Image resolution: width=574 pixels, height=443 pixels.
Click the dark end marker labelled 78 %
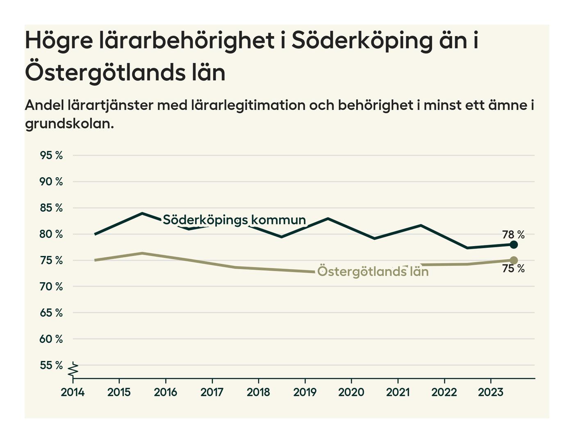[513, 245]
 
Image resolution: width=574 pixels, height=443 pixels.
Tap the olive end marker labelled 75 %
[513, 260]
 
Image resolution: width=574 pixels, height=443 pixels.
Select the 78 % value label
[513, 235]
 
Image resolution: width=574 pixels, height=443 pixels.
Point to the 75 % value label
[513, 269]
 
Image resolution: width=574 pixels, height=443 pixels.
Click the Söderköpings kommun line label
[234, 220]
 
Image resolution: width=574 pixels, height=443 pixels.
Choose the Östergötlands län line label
[373, 272]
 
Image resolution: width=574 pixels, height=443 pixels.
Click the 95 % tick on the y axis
[51, 155]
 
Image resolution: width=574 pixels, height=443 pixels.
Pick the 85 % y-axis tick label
[51, 208]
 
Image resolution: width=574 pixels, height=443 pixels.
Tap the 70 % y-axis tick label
[51, 286]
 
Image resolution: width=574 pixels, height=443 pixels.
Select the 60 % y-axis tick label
[51, 339]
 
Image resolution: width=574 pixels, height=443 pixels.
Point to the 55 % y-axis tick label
[51, 365]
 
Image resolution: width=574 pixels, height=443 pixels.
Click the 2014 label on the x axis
[73, 392]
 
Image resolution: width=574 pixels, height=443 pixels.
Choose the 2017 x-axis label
[212, 392]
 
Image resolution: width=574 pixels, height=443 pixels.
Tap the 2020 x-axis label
[351, 392]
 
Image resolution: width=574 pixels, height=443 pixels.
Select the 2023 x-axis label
[490, 392]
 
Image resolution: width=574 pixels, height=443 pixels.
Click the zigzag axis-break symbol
[73, 370]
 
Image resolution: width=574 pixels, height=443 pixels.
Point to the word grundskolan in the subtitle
[69, 123]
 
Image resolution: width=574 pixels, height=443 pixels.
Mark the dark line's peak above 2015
[142, 213]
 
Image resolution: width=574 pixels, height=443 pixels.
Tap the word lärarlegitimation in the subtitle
[248, 105]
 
